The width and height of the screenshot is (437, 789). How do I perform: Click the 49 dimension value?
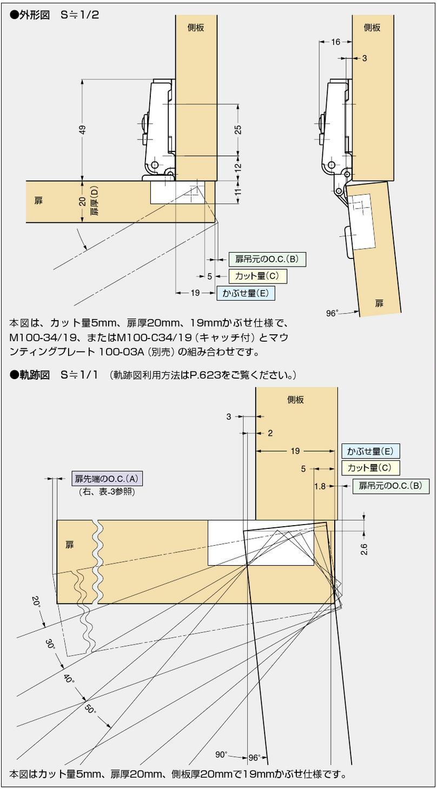point(83,130)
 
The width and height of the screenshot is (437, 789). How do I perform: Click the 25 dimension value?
point(238,130)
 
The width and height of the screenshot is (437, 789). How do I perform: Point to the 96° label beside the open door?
point(332,313)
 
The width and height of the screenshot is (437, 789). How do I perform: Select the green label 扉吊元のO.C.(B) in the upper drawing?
point(267,259)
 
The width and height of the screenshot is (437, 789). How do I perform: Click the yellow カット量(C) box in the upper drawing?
point(257,276)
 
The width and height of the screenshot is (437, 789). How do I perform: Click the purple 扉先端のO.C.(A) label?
point(107,479)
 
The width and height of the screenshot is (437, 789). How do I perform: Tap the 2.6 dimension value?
point(364,549)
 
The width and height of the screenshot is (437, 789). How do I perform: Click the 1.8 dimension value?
point(320,486)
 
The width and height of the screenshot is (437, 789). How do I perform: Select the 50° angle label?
point(90,710)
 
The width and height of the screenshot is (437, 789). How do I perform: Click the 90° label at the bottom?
point(222,754)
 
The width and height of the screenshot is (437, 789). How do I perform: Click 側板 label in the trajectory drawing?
point(296,400)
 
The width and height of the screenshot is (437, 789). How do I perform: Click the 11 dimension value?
point(238,191)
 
